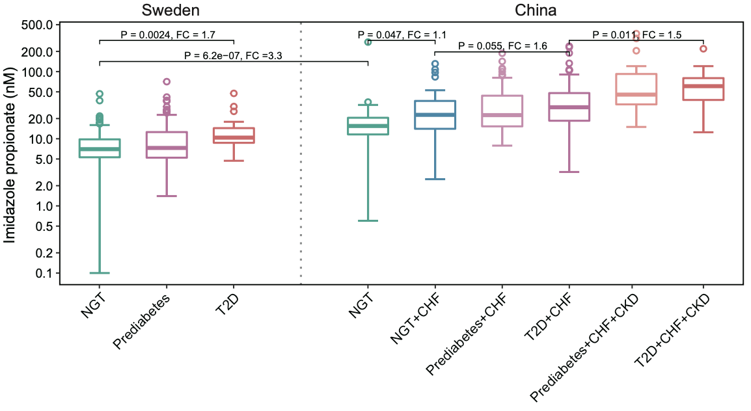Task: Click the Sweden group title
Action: point(171,10)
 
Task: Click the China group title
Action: point(536,10)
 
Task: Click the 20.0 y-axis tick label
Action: point(40,118)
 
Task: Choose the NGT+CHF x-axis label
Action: point(414,319)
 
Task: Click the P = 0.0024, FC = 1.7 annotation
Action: point(168,34)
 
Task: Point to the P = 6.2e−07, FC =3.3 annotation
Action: point(233,56)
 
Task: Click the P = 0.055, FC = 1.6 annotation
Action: point(502,46)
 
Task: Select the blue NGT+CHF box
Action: point(435,114)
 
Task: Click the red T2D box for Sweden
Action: point(234,135)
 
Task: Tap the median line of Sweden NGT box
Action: point(100,149)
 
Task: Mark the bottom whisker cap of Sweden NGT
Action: point(100,273)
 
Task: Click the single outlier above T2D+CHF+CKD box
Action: point(703,49)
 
